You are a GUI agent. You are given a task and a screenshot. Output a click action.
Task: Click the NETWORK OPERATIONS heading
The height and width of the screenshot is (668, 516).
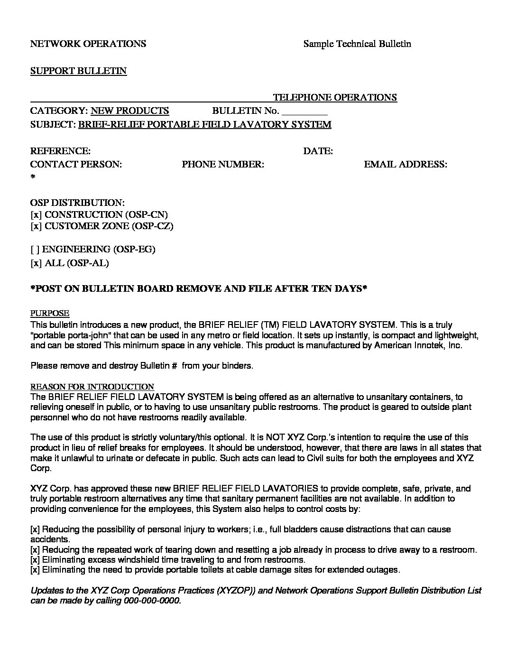(88, 44)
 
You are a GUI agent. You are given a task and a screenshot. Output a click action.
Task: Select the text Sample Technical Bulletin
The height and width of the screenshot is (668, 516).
(357, 44)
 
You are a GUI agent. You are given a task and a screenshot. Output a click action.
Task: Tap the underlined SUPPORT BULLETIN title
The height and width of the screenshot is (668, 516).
(78, 71)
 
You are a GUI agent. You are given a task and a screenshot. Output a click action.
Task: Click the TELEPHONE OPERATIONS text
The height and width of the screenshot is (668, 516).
(334, 98)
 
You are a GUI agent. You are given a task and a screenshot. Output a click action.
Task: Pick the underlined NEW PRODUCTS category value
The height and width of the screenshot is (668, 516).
(129, 111)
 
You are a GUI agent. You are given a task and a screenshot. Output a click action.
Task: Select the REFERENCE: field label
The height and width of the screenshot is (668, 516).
(60, 151)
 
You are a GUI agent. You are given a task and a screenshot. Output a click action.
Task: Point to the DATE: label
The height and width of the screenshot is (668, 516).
(318, 151)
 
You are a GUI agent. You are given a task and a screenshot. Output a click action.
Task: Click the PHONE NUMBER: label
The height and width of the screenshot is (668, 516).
(222, 165)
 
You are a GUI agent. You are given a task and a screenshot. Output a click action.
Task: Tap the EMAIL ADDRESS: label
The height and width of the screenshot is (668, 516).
(405, 165)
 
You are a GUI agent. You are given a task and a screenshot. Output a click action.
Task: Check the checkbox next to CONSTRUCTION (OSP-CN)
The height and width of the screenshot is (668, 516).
(36, 215)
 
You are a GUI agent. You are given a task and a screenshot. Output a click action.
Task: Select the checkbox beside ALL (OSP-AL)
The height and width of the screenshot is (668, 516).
(36, 263)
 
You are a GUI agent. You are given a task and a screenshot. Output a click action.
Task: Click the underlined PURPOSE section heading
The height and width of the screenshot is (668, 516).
(50, 314)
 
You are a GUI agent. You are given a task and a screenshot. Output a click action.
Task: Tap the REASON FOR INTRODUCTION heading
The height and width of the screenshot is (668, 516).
(92, 387)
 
